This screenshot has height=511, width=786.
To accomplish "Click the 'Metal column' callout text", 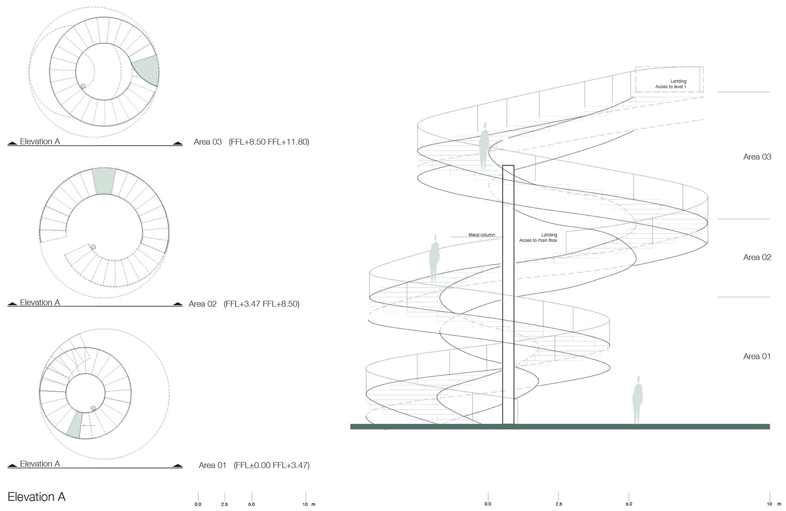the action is click(x=481, y=235).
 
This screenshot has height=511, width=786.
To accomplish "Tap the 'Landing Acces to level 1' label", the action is click(x=670, y=84).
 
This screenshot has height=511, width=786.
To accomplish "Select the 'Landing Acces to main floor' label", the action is click(x=538, y=238).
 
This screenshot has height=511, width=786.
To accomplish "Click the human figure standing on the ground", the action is click(x=637, y=400).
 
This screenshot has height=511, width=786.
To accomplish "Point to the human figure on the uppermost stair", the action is click(x=484, y=146).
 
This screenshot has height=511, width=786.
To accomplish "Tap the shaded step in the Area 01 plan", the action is click(x=74, y=425).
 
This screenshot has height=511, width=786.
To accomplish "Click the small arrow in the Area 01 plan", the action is click(x=88, y=426).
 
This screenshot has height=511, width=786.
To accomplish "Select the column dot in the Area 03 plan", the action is click(x=83, y=86).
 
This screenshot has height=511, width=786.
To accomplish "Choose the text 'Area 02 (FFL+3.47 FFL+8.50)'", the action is click(x=244, y=303).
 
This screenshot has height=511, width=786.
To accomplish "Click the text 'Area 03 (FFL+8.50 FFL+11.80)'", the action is click(x=251, y=142).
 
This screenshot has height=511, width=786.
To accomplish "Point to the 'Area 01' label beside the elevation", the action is click(x=757, y=356).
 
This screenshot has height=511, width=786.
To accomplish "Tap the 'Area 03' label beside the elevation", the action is click(x=757, y=156).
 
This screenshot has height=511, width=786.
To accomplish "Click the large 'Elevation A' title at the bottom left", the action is click(x=37, y=497).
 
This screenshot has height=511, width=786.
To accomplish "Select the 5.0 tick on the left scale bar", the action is click(x=252, y=497).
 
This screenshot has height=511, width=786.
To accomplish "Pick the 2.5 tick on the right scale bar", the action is click(x=558, y=497).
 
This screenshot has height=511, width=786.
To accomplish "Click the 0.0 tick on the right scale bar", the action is click(x=488, y=497).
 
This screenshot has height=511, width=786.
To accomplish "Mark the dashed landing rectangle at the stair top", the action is click(x=669, y=67).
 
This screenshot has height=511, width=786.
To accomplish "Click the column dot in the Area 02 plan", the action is click(x=93, y=247).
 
